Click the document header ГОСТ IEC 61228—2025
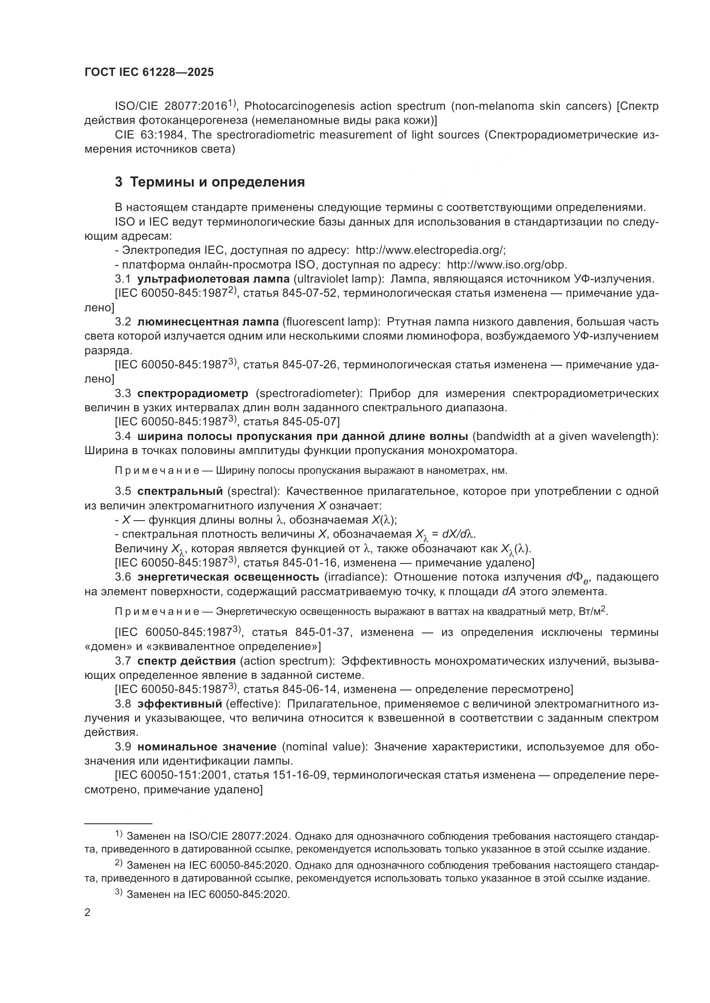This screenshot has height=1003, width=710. [x=149, y=72]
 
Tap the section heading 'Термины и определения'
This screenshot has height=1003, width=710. [x=217, y=182]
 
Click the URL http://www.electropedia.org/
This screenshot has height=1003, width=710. [x=430, y=250]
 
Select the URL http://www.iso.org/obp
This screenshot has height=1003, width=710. [x=507, y=265]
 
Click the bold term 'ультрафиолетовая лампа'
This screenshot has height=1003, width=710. [x=213, y=279]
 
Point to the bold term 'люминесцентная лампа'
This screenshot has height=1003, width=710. [x=208, y=322]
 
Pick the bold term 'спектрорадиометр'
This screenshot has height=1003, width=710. [x=193, y=393]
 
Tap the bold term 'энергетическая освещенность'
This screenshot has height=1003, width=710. [x=228, y=577]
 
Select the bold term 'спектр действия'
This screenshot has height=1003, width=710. [x=187, y=661]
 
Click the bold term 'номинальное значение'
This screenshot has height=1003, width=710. [x=207, y=747]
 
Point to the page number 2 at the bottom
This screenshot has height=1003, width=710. [x=88, y=913]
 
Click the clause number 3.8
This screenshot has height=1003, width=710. [x=123, y=704]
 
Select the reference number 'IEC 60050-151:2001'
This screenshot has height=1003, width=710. [x=173, y=775]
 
